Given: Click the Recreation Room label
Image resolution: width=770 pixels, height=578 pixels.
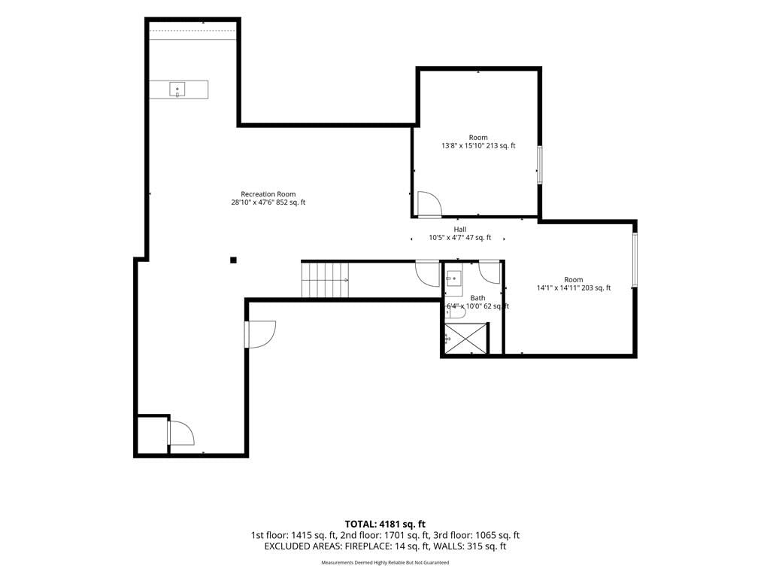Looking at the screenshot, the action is coord(268,194).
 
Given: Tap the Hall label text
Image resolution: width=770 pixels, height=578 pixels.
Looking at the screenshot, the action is coord(460,230).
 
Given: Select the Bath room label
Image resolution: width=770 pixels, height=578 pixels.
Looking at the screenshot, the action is coord(477,298).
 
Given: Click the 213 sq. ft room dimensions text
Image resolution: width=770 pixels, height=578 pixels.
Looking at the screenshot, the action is coord(478,146).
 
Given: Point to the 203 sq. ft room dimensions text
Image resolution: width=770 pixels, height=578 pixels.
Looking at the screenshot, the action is coord(574,288).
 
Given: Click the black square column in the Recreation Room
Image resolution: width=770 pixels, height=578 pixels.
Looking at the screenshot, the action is coord(234,260).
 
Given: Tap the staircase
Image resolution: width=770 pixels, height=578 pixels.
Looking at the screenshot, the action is coord(325,280).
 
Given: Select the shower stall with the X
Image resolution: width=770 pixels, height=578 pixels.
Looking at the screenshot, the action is coord(466,338).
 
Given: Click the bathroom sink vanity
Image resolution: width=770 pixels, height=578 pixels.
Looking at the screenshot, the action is coord(453,278).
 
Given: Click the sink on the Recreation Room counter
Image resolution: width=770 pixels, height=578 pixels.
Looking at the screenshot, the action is coord(177,90).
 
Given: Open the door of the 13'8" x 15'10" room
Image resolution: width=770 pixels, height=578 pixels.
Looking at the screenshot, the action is coord(429,204).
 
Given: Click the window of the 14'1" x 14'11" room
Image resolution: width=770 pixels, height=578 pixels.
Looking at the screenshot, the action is coord(635,260).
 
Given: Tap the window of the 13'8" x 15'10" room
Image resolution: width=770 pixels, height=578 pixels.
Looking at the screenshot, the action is coord(539,165).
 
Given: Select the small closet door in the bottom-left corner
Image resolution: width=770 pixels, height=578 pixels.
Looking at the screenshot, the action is coord(180,433).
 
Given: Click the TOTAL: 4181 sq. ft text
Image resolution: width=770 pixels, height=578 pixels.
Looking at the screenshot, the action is coord(385,524).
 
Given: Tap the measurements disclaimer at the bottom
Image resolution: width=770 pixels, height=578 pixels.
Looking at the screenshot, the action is coord(385,563).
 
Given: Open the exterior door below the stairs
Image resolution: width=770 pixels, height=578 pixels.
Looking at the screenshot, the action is coord(260,334).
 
